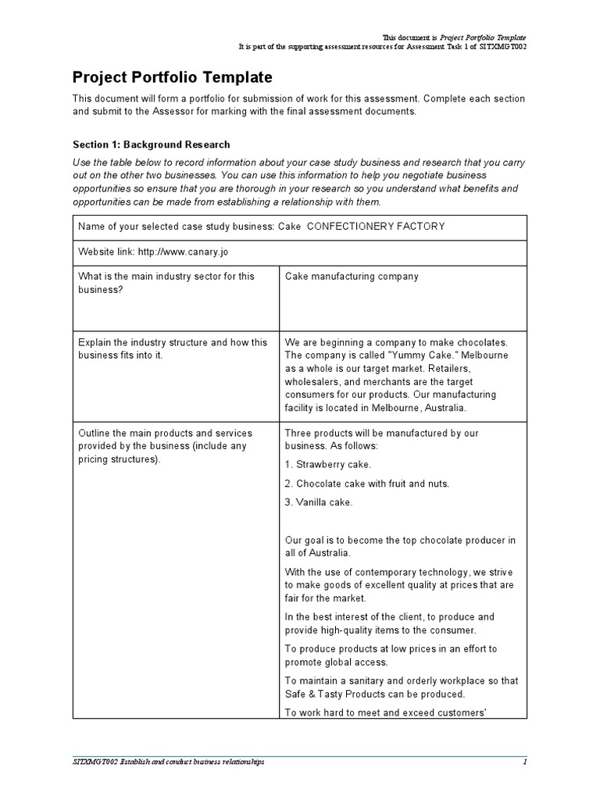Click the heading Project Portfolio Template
click(x=173, y=77)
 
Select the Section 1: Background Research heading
click(x=151, y=145)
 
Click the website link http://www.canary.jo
click(x=183, y=252)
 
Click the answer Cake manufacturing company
click(x=352, y=277)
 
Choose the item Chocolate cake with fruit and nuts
click(x=372, y=484)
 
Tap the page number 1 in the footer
click(x=525, y=762)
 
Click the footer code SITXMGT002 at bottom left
click(x=91, y=762)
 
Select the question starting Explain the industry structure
click(x=172, y=348)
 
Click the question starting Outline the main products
click(x=172, y=445)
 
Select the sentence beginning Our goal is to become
click(x=400, y=546)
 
